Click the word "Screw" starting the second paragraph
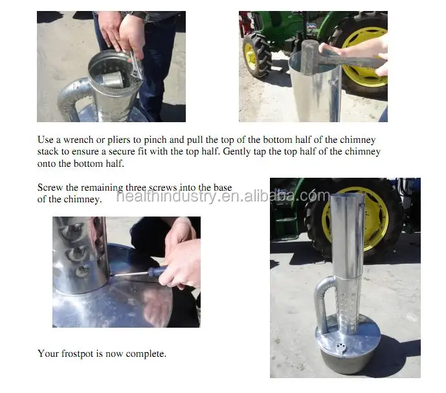(x=50, y=187)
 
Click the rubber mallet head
(x=310, y=57)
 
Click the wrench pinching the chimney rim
(x=137, y=65)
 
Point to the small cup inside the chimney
(x=113, y=80)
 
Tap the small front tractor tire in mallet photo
(x=256, y=55)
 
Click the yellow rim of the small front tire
(x=251, y=57)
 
